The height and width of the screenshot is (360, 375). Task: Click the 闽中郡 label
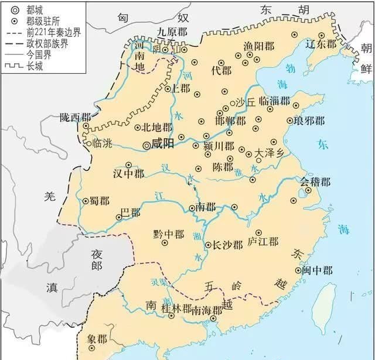[x=318, y=270]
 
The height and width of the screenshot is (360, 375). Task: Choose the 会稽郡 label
[x=316, y=182]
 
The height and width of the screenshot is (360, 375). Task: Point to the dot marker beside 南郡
[x=192, y=208]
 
